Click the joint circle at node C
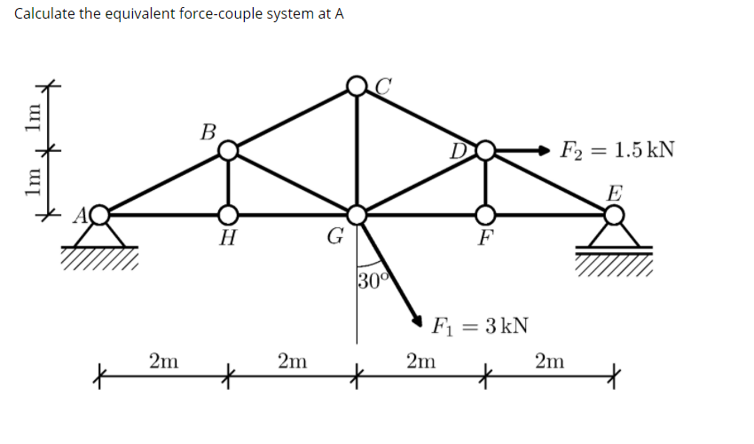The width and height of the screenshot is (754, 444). pos(357,86)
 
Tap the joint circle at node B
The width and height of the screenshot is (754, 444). pos(228,150)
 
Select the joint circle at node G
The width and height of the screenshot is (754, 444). pos(357,214)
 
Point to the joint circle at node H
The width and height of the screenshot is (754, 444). pos(228,214)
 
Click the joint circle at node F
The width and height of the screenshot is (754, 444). pos(485,214)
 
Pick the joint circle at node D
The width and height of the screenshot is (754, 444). pos(485,151)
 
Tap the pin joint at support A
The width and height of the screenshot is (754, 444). pos(100,214)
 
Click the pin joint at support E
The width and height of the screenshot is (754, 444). pos(613,214)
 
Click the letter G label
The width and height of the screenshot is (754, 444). pos(334,237)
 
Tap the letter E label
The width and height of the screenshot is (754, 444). pos(615,193)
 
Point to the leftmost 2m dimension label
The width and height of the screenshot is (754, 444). pos(163,361)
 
